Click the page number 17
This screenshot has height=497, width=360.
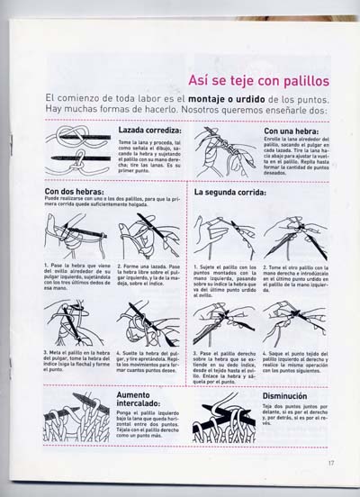[331, 464]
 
